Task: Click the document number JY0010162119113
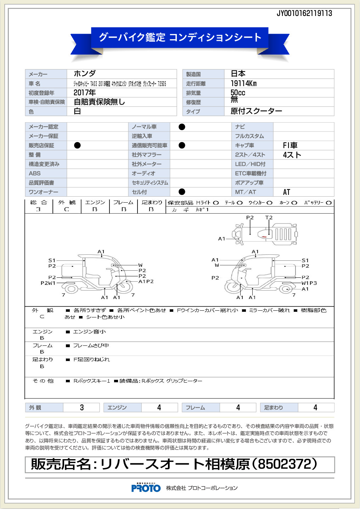click(x=304, y=13)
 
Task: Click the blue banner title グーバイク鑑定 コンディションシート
click(x=180, y=38)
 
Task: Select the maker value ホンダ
click(x=85, y=74)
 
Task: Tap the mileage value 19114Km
click(x=243, y=83)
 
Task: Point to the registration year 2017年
click(x=85, y=92)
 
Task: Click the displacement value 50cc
click(x=238, y=92)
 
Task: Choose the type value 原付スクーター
click(x=256, y=111)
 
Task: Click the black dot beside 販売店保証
click(x=77, y=145)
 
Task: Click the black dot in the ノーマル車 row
click(x=182, y=127)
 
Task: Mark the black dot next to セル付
click(x=182, y=192)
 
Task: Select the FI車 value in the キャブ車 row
click(x=290, y=145)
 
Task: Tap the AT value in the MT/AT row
click(x=286, y=192)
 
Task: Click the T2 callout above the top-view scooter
click(x=269, y=218)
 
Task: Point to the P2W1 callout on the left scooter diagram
click(x=48, y=283)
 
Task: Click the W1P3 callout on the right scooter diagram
click(x=309, y=283)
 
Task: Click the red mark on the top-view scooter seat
click(x=264, y=237)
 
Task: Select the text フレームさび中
click(x=91, y=345)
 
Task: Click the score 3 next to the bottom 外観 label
click(x=82, y=407)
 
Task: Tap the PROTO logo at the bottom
click(x=146, y=488)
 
